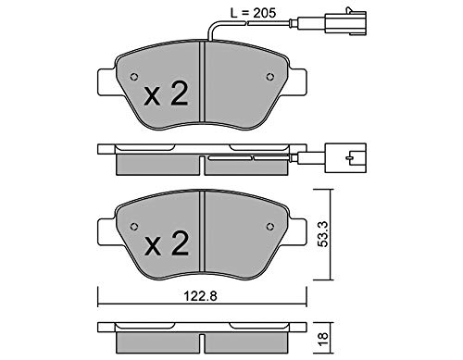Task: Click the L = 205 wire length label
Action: click(x=253, y=13)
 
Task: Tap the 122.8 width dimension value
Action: click(x=201, y=296)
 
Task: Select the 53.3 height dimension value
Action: click(x=323, y=234)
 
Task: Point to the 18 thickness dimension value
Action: click(x=323, y=339)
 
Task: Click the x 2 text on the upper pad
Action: click(x=166, y=95)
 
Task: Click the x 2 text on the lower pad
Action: click(x=166, y=244)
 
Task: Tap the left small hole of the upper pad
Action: click(x=134, y=77)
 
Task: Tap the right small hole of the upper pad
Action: click(x=270, y=77)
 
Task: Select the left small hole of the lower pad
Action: click(x=134, y=227)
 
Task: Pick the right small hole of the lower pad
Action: click(x=270, y=227)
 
